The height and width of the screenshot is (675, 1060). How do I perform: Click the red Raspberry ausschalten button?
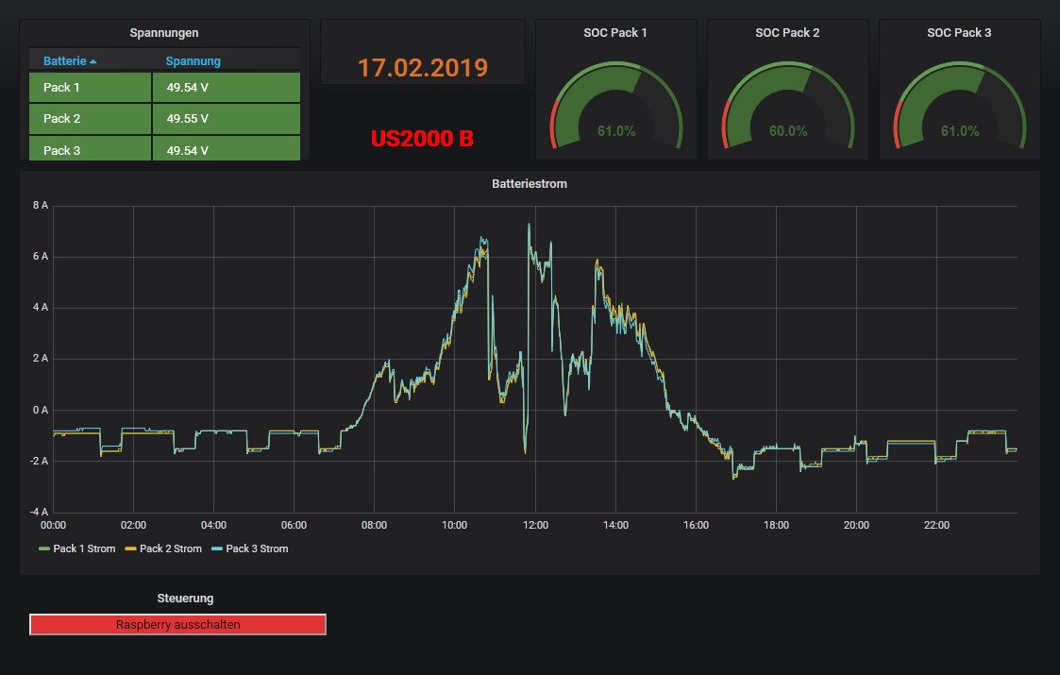177,624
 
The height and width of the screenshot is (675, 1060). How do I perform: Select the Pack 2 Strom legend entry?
169,548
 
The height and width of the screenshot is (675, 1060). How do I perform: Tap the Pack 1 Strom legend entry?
83,548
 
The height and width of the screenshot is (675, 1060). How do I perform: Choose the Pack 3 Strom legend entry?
256,548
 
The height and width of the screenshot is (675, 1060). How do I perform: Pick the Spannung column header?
193,61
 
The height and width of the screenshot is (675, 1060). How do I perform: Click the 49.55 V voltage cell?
187,119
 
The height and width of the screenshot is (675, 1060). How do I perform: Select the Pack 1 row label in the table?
62,88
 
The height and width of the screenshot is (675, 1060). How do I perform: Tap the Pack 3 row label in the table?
62,150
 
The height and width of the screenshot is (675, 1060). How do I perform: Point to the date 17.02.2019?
422,68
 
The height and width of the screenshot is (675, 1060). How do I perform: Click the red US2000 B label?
422,139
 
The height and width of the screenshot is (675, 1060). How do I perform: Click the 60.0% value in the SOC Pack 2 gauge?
788,131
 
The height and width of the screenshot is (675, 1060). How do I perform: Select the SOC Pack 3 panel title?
959,32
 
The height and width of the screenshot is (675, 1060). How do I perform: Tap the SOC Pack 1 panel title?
615,32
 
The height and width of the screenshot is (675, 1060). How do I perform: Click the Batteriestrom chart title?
530,184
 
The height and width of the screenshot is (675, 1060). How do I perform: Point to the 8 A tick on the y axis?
41,206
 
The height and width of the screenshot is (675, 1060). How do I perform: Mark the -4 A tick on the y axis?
39,512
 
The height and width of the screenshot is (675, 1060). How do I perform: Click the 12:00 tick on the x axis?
535,525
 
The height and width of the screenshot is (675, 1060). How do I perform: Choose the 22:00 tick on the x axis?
936,525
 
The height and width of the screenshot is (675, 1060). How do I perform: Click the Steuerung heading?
185,598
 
